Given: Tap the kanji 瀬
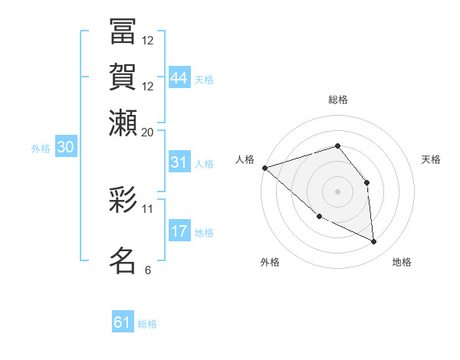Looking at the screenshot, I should pyautogui.click(x=123, y=123).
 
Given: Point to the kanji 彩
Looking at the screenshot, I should pyautogui.click(x=123, y=201).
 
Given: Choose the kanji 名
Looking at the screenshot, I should pyautogui.click(x=123, y=260).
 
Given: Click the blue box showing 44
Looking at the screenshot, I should pyautogui.click(x=179, y=78).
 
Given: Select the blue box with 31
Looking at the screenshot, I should pyautogui.click(x=179, y=162).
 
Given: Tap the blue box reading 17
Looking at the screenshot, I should pyautogui.click(x=179, y=231).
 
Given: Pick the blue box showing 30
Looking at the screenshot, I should pyautogui.click(x=65, y=148).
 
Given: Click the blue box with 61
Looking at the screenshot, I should pyautogui.click(x=123, y=322).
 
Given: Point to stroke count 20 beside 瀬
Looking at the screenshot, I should pyautogui.click(x=148, y=132).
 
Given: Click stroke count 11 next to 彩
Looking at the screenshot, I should pyautogui.click(x=148, y=208).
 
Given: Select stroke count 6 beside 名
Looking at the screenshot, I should pyautogui.click(x=148, y=270).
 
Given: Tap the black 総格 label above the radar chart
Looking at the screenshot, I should pyautogui.click(x=337, y=100).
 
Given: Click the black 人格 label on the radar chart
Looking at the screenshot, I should pyautogui.click(x=245, y=159).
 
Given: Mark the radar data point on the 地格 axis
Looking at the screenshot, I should pyautogui.click(x=374, y=242).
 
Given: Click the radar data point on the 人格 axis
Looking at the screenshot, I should pyautogui.click(x=264, y=168).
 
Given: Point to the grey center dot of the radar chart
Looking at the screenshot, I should pyautogui.click(x=337, y=191).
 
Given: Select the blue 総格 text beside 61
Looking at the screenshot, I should pyautogui.click(x=147, y=324).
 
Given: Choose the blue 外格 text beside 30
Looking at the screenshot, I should pyautogui.click(x=40, y=149).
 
